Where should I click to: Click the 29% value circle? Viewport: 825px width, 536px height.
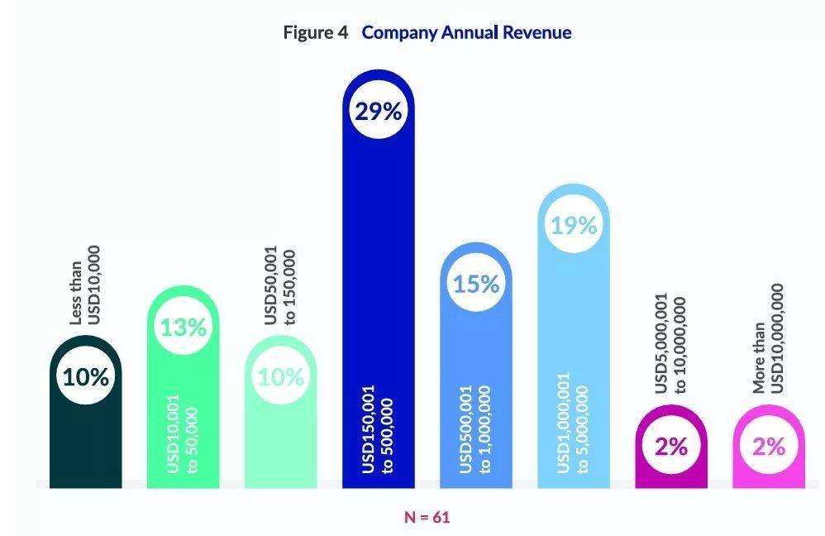pos(378,112)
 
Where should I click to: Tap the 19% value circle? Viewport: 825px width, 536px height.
pos(574,226)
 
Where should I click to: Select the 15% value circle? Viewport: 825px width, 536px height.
pos(476,284)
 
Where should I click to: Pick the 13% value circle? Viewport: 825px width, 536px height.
pos(183,328)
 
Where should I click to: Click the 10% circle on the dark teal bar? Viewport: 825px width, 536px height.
pos(85,377)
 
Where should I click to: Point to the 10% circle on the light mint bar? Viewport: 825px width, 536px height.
pos(280,377)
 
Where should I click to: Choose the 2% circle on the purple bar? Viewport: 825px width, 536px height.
pos(671,446)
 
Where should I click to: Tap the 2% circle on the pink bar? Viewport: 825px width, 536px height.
pos(769,446)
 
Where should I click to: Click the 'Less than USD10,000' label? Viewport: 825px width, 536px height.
pos(85,285)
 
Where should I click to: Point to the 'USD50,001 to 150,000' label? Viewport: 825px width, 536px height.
pos(280,285)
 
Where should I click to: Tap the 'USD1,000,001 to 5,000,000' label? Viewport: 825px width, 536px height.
pos(574,423)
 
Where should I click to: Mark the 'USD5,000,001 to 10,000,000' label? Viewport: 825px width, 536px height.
pos(671,345)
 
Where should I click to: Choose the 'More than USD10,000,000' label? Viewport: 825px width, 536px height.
pos(769,339)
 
